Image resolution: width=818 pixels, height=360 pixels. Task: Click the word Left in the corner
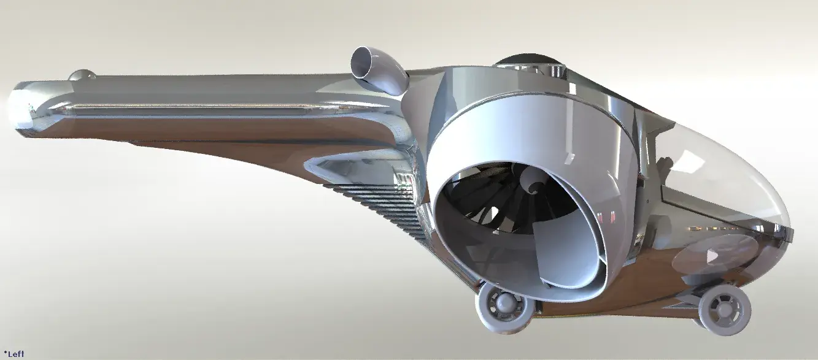point(16,354)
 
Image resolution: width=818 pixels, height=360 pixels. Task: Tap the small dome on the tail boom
point(82,75)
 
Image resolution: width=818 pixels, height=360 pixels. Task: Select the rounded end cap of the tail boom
point(22,109)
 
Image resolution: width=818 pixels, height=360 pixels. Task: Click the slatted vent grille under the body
point(380,208)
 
